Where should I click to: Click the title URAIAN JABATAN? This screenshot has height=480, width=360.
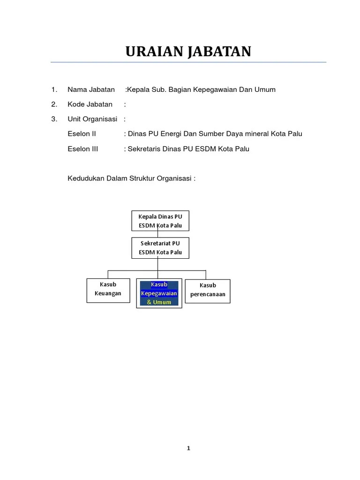(x=188, y=52)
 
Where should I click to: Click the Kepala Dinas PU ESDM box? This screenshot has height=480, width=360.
(x=160, y=221)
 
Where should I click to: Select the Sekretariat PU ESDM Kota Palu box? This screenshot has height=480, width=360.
(x=160, y=247)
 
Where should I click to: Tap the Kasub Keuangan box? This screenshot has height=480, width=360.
(x=108, y=290)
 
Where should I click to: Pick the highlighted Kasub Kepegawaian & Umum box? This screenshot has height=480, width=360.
(x=159, y=293)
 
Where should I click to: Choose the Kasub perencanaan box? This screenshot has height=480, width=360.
(x=208, y=291)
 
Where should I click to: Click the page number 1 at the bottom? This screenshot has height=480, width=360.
(x=188, y=448)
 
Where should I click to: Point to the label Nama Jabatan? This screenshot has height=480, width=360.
(x=91, y=90)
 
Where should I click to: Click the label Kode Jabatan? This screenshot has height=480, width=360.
(x=90, y=105)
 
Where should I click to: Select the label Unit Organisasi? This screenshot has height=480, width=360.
(x=92, y=119)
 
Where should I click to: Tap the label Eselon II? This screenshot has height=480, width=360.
(x=82, y=134)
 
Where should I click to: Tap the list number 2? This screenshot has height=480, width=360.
(x=54, y=105)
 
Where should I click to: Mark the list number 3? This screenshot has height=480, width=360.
(x=54, y=119)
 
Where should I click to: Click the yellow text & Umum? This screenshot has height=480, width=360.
(x=159, y=302)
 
